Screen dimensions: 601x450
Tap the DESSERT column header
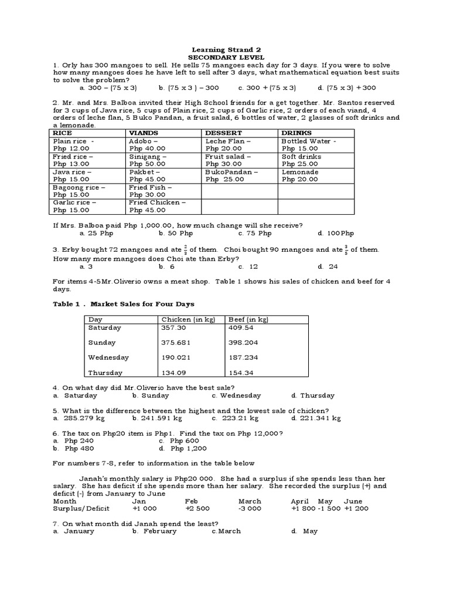click(x=220, y=133)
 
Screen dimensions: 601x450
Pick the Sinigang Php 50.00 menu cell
click(x=147, y=160)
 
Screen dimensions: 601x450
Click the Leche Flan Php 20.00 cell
click(x=228, y=145)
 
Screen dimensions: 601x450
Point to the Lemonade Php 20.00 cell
click(x=299, y=175)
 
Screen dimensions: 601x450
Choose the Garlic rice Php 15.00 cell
click(x=74, y=206)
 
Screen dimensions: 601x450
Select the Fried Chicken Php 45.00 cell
click(x=158, y=206)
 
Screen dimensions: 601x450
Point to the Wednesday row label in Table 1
click(x=108, y=357)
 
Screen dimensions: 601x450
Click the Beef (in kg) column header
click(x=248, y=319)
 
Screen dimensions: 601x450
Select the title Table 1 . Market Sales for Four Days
click(x=124, y=304)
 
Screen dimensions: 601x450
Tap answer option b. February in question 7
click(x=155, y=531)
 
